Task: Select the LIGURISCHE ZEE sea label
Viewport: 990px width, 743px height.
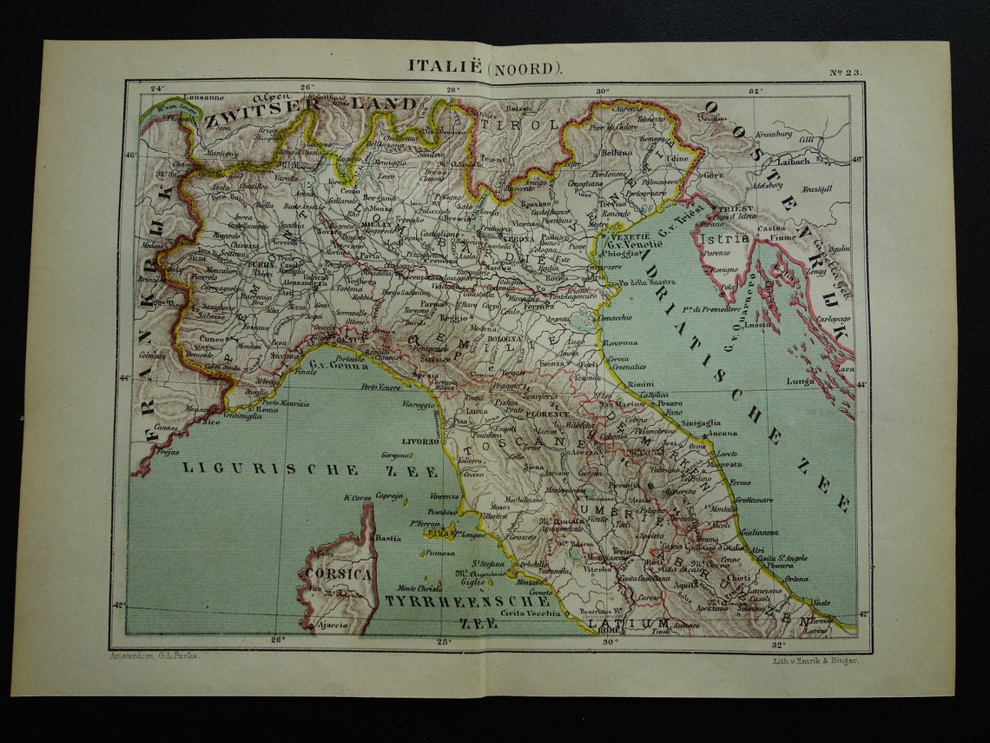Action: click(271, 469)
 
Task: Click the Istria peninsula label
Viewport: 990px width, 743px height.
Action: click(728, 237)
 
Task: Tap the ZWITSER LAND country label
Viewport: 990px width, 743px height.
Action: click(311, 105)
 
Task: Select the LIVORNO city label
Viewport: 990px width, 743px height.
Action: click(420, 441)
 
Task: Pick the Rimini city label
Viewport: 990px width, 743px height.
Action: click(641, 383)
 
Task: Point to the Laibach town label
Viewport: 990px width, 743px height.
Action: click(795, 161)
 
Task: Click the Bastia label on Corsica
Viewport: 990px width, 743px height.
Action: click(387, 538)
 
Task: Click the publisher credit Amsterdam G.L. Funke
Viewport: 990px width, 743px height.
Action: click(155, 655)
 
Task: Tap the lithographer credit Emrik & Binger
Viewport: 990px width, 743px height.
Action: click(814, 660)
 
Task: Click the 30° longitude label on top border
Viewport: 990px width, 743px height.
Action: click(603, 90)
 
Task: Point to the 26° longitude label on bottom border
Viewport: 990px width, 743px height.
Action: click(277, 640)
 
